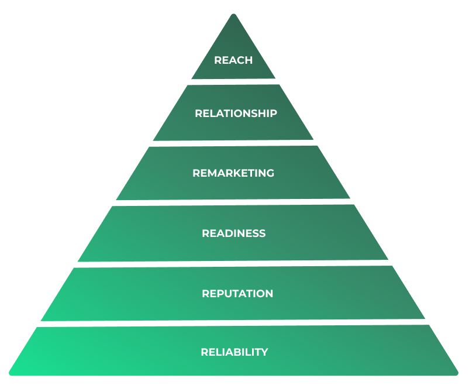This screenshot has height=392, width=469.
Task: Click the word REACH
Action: pyautogui.click(x=233, y=60)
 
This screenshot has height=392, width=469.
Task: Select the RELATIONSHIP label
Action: pyautogui.click(x=236, y=114)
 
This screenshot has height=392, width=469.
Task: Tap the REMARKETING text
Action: pyautogui.click(x=233, y=173)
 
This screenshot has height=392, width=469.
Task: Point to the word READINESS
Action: pyautogui.click(x=234, y=233)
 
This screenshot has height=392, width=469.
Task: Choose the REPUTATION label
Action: pyautogui.click(x=237, y=294)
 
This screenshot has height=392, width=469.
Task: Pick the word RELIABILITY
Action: pyautogui.click(x=235, y=352)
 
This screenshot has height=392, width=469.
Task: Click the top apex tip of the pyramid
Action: pyautogui.click(x=233, y=16)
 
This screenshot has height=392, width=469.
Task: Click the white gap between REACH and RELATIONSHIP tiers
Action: pyautogui.click(x=233, y=82)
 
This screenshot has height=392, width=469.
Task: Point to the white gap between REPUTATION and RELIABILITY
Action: pyautogui.click(x=233, y=323)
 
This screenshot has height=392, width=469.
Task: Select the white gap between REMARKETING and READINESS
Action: pyautogui.click(x=233, y=202)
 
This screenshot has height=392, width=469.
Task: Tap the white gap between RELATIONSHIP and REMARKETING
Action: pyautogui.click(x=233, y=143)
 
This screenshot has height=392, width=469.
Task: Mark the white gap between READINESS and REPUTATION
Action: pyautogui.click(x=233, y=263)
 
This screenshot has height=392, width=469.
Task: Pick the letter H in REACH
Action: pyautogui.click(x=249, y=60)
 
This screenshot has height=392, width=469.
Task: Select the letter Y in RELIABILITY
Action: pyautogui.click(x=264, y=352)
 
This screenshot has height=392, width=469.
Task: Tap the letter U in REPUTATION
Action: pyautogui.click(x=226, y=294)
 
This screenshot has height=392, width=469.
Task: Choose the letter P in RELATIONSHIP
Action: pyautogui.click(x=273, y=114)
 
